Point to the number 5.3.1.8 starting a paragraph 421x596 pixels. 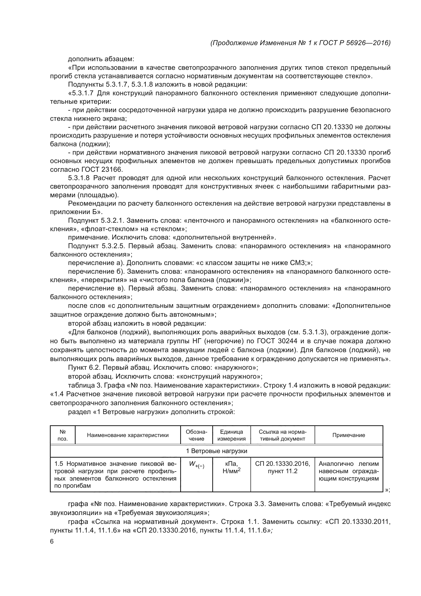pyautogui.click(x=79, y=178)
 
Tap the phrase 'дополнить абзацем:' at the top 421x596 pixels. pyautogui.click(x=101, y=59)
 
